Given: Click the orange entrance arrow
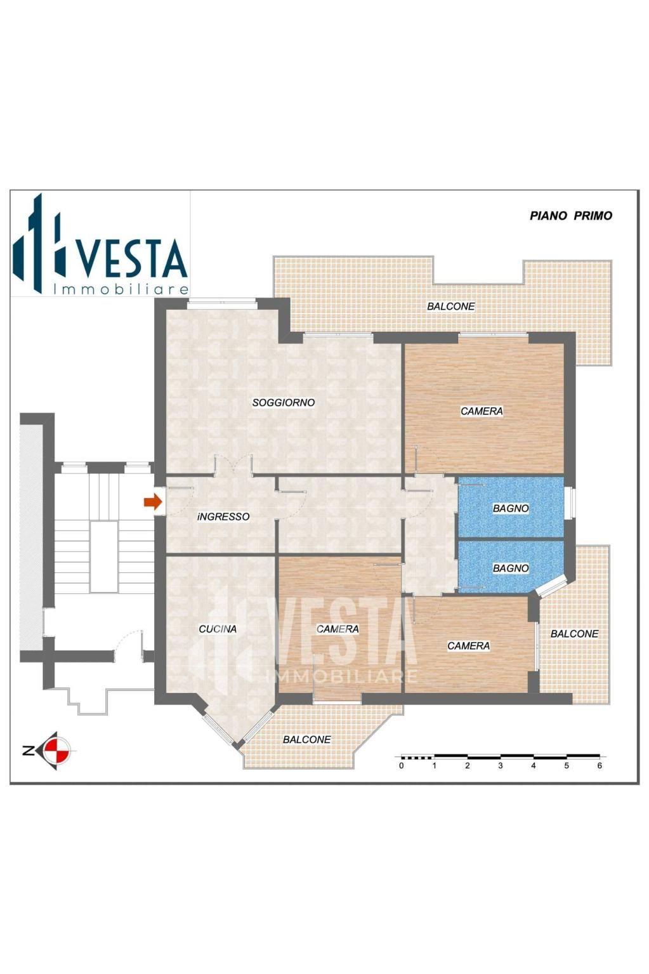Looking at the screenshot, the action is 153,502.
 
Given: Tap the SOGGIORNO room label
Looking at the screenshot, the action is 284,403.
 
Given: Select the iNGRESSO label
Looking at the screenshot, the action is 223,517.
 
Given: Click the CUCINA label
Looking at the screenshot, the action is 218,629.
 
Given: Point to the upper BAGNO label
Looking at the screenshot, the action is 511,508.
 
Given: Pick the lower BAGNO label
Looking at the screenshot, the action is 511,568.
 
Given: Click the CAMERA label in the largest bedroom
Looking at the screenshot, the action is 482,411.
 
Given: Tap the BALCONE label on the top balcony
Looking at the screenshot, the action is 451,306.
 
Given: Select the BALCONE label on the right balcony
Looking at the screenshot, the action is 574,633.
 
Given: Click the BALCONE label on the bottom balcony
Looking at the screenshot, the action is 307,739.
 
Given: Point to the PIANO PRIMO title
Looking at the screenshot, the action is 571,216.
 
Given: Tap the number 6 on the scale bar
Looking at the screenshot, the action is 600,766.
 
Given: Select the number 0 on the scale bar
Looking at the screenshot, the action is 401,766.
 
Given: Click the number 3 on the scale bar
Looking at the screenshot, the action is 501,766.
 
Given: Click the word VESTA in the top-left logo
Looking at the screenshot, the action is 132,258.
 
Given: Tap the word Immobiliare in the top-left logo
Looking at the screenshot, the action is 121,289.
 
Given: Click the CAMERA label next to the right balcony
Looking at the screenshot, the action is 469,646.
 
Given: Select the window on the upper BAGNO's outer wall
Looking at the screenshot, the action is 571,504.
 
